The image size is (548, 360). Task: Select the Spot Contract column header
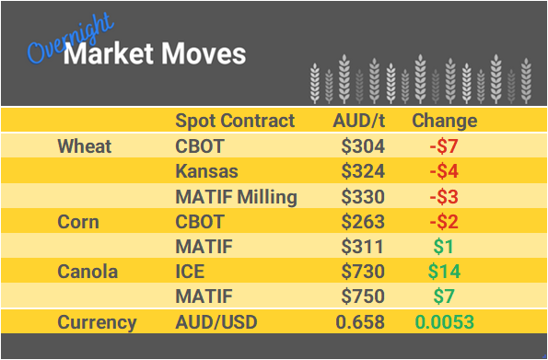point(235,122)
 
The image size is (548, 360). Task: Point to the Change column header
point(444,122)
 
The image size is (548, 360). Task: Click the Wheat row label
point(85,146)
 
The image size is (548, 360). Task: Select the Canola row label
point(88,272)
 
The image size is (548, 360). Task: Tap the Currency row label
point(97,322)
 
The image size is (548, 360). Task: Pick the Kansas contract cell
point(205,171)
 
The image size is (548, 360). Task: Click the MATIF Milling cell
point(236,197)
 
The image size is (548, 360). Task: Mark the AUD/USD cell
point(216,322)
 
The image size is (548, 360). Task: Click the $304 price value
point(363,146)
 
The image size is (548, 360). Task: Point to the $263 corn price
point(363,222)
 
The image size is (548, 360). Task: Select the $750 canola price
point(363,297)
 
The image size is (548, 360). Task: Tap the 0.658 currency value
point(362,322)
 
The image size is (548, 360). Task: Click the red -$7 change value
point(444,146)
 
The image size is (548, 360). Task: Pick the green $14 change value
point(444,272)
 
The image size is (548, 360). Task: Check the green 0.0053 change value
point(445,322)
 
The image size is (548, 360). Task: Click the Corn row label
point(79,222)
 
